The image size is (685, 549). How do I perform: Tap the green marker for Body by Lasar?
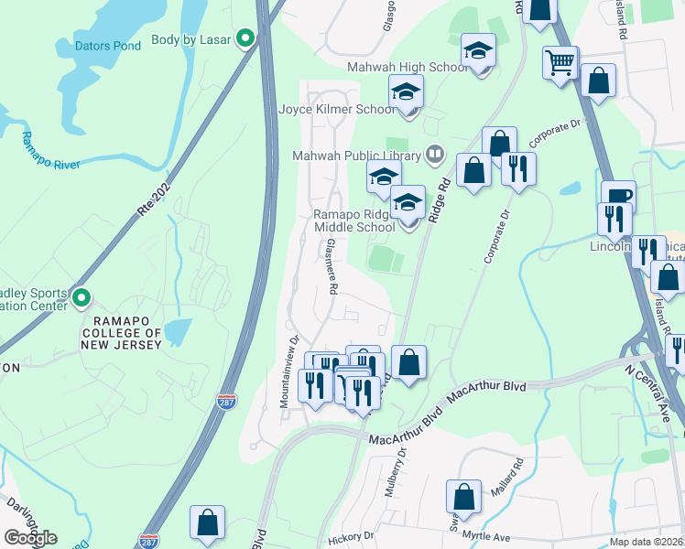pyautogui.click(x=245, y=38)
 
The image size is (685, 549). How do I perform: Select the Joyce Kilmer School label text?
pyautogui.click(x=336, y=109)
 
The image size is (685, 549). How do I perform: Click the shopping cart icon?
pyautogui.click(x=560, y=63)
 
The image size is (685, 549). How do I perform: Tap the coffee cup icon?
pyautogui.click(x=618, y=195)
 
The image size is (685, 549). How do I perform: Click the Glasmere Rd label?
pyautogui.click(x=332, y=266)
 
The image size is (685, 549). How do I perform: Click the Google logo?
pyautogui.click(x=30, y=538)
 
